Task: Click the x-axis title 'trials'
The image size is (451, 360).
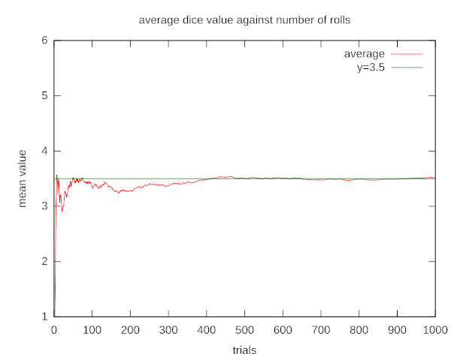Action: click(x=244, y=349)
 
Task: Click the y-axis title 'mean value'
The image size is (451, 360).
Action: click(x=23, y=178)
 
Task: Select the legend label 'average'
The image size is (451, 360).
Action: click(x=365, y=54)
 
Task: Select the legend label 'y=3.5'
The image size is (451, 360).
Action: click(x=370, y=67)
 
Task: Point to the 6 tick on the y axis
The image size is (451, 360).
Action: click(x=45, y=40)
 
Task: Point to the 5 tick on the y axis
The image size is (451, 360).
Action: click(x=45, y=96)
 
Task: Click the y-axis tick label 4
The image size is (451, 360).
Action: click(x=45, y=151)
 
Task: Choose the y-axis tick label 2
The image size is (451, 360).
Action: click(x=45, y=262)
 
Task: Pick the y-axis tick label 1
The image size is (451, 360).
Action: click(x=45, y=316)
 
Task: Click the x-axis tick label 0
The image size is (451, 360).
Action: click(x=54, y=330)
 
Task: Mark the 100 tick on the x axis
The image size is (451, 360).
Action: click(x=92, y=330)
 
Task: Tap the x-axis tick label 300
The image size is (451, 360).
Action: click(x=168, y=330)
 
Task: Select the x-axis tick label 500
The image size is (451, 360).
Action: click(x=244, y=330)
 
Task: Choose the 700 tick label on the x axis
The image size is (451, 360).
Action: click(x=321, y=330)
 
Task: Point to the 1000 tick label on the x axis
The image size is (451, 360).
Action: click(x=435, y=330)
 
